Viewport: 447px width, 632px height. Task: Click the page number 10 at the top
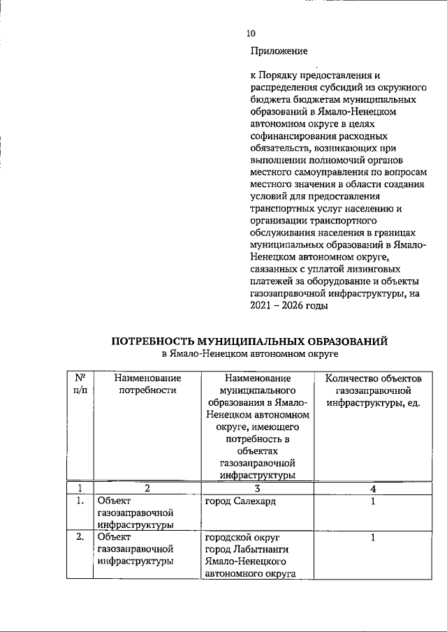tap(251, 33)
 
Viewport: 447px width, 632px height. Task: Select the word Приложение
tap(279, 51)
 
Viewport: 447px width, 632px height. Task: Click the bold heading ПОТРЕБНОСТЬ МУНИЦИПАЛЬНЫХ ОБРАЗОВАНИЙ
tap(249, 341)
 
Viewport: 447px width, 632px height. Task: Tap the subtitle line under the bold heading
tap(249, 355)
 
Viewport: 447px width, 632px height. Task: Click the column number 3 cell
tap(256, 488)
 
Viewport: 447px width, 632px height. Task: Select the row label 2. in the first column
tap(80, 538)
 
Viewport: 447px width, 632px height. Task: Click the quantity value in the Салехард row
tap(373, 501)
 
